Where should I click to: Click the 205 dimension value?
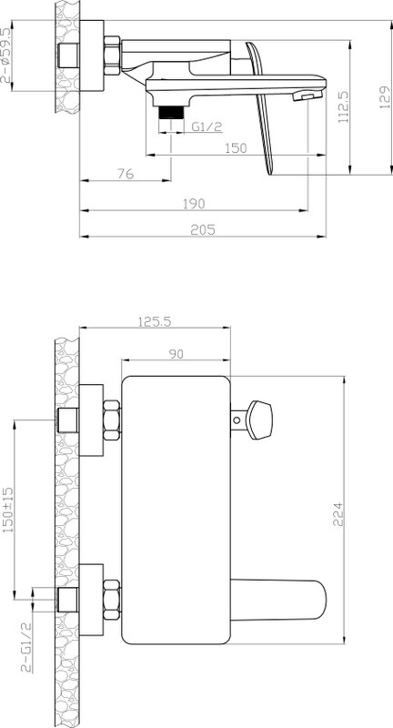[x=203, y=230]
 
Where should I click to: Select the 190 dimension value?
[x=193, y=204]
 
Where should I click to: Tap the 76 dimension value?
[x=126, y=174]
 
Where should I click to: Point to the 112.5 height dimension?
[x=343, y=107]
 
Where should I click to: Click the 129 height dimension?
[x=385, y=97]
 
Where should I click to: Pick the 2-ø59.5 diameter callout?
[x=5, y=55]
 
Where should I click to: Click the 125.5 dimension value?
[x=155, y=321]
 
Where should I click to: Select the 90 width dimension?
[x=176, y=353]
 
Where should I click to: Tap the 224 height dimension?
[x=338, y=514]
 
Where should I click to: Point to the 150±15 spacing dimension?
[x=8, y=510]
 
